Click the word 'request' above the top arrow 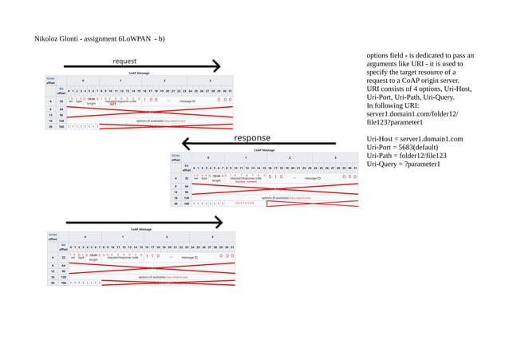[124, 61]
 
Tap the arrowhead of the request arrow [215, 66]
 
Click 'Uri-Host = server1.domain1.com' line [414, 139]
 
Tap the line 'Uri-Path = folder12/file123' [406, 156]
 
